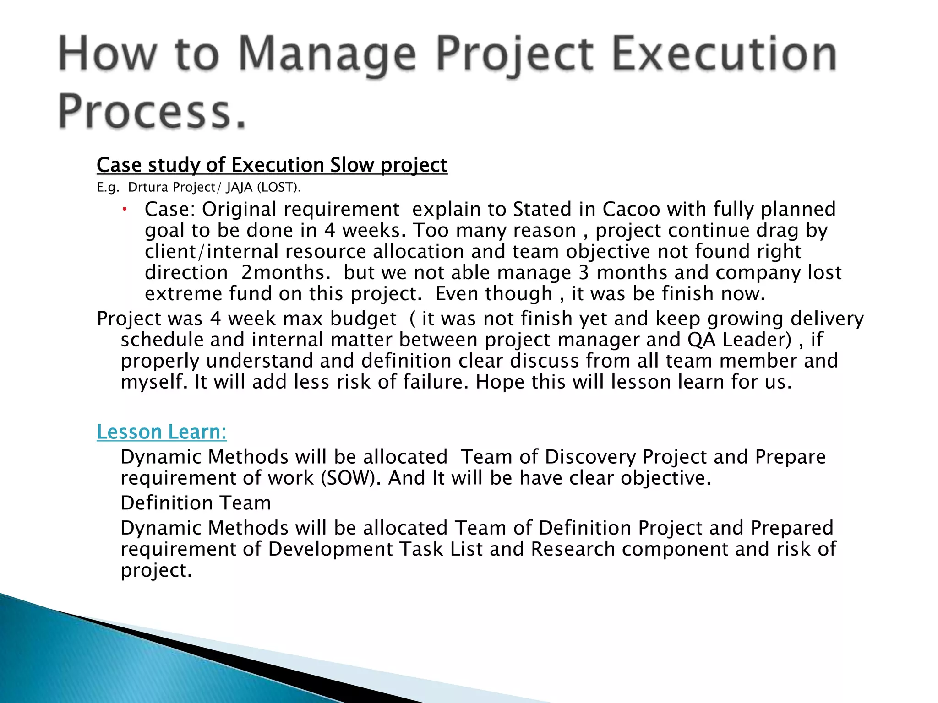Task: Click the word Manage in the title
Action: tap(327, 55)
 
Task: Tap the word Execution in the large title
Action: tap(725, 55)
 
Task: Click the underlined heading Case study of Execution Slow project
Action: tap(272, 165)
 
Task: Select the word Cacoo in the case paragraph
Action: tap(631, 210)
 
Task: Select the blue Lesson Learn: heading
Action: tap(162, 432)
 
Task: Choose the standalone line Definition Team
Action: tap(196, 503)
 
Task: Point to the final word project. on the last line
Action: tap(156, 571)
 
